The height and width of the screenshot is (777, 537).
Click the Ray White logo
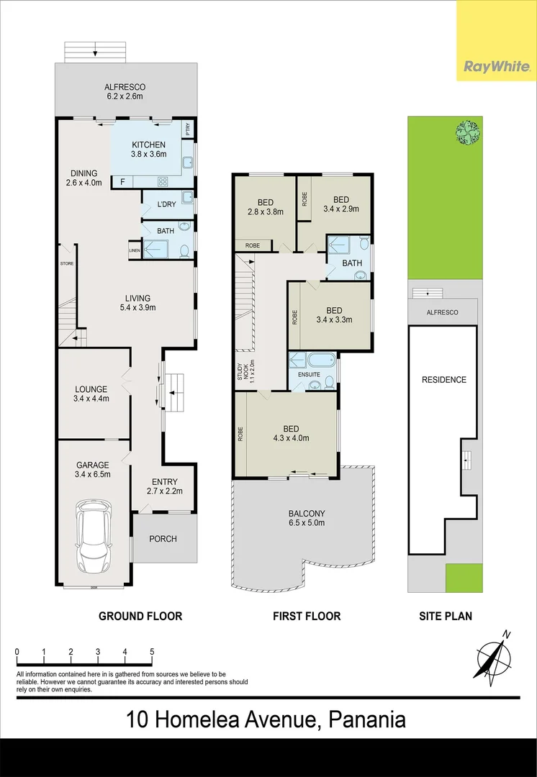497,67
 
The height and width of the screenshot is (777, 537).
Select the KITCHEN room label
148,145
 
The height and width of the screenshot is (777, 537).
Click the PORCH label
163,539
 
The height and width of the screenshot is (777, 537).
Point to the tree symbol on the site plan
466,132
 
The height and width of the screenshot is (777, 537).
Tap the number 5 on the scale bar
152,652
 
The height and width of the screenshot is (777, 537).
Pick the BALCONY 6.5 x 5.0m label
307,518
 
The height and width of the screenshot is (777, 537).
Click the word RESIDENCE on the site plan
444,380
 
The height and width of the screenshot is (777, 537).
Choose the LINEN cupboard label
134,250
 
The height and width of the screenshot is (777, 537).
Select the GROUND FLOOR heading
140,616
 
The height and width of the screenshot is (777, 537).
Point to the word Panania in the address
367,719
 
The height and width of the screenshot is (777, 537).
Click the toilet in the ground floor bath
184,251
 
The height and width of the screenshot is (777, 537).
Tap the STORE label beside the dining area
66,264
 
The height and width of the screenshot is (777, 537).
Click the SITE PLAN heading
446,616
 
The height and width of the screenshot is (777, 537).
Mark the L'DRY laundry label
166,205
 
